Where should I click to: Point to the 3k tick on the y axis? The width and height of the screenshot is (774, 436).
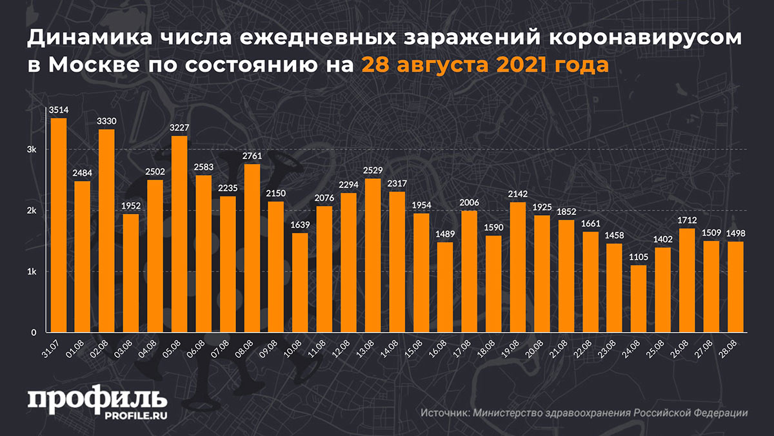coord(32,150)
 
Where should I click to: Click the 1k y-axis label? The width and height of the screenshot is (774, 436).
coord(32,272)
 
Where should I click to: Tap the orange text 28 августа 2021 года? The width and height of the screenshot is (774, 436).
coord(484,65)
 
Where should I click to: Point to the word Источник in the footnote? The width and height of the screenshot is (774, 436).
coord(445,413)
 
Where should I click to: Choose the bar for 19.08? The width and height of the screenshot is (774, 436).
coord(517,267)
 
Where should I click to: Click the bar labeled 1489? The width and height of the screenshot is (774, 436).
coord(445,287)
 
